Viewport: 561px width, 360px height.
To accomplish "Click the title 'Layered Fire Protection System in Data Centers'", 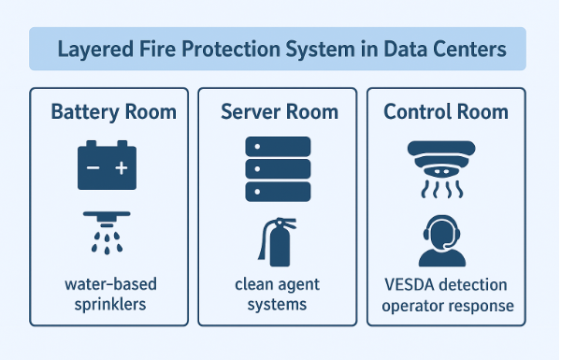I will point(279,49).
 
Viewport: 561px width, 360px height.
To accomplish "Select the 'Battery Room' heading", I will point(113,112).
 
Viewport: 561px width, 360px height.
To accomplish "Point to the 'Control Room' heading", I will point(446,112).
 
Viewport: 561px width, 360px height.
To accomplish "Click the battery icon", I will point(107,166).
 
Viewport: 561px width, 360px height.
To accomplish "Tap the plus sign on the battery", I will point(121,168).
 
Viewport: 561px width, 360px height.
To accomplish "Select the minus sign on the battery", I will point(93,168).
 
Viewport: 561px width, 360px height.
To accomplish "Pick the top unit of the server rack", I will point(277,147).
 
